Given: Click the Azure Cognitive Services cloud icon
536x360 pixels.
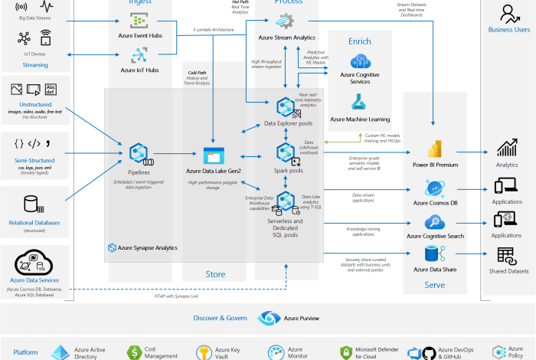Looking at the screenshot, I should (x=360, y=60).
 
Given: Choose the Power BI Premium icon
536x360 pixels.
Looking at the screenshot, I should (x=436, y=149).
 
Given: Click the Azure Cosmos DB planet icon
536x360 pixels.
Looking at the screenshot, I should (x=436, y=188).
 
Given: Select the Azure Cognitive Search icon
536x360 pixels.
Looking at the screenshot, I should (x=436, y=224).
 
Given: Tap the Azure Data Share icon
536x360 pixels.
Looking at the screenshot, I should (x=436, y=255).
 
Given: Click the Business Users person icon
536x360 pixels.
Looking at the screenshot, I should (x=509, y=13).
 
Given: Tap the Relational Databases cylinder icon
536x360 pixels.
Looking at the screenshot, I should (x=31, y=205).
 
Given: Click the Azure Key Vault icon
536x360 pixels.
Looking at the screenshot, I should (x=204, y=352).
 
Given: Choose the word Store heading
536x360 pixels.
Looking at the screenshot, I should (x=215, y=274).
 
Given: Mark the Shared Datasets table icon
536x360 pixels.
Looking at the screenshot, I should (x=506, y=256).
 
